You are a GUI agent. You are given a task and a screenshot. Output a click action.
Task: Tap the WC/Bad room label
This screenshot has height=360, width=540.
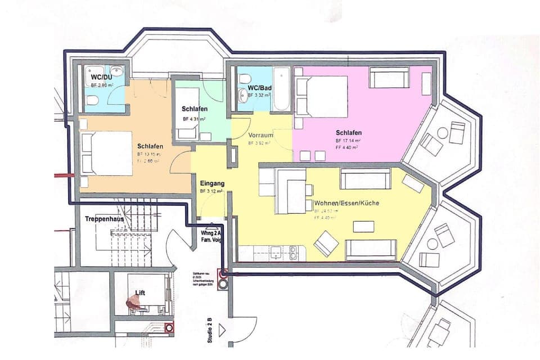[x=260, y=87]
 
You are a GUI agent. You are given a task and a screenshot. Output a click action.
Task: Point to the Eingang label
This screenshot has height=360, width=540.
[x=212, y=183]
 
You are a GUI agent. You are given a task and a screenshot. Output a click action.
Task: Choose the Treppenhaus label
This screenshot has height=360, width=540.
[x=104, y=218]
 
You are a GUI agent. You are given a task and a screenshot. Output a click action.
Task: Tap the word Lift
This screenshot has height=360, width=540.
[x=140, y=292]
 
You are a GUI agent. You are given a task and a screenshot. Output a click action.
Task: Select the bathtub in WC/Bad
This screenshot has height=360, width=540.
[x=281, y=89]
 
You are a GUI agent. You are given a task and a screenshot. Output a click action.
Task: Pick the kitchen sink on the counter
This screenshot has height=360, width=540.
[x=276, y=254]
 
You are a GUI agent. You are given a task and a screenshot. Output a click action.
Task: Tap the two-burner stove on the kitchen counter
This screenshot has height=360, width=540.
[x=293, y=254]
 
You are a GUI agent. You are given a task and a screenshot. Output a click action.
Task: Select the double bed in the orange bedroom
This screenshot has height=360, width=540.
[x=106, y=154]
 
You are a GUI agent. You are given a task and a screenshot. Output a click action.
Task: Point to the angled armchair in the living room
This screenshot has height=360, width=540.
[x=326, y=243]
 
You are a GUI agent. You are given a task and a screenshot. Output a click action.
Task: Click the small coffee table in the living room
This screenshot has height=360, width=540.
[x=363, y=226]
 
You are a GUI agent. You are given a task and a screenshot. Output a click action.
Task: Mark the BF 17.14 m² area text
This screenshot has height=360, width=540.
[x=348, y=140]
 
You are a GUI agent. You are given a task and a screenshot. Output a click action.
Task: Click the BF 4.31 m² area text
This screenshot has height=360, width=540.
[x=194, y=119]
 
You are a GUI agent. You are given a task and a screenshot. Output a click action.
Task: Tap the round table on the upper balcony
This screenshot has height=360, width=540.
[x=443, y=133]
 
